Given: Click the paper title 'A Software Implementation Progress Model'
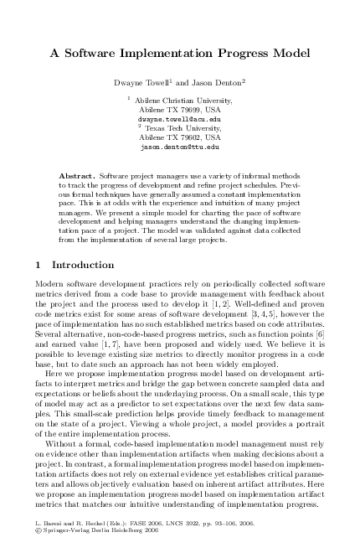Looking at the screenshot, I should pos(180,53).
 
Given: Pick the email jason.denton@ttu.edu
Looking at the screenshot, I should pos(178,145).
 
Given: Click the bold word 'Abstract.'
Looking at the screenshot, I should pos(78,177).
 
